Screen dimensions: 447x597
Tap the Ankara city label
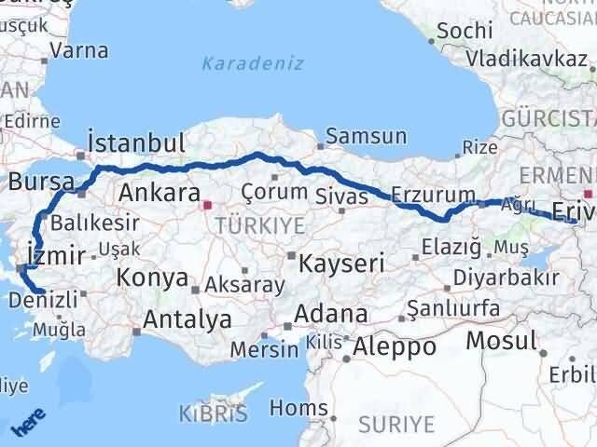coord(160,194)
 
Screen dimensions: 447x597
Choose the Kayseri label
coord(341,264)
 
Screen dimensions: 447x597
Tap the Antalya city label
coord(187,319)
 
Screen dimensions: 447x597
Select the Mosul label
coord(502,340)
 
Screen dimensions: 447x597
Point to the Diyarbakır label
coord(507,278)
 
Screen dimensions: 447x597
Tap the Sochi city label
coord(464,30)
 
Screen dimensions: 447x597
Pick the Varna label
coord(79,50)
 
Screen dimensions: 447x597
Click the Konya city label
coord(152,278)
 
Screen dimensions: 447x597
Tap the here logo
coord(25,425)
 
